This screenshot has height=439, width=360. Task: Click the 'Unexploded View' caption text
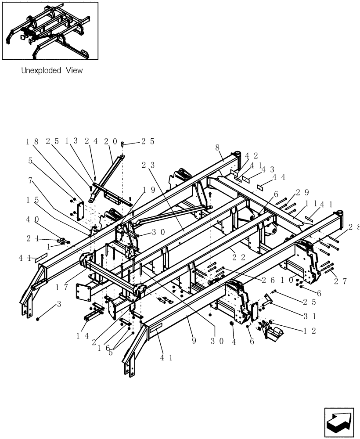52,70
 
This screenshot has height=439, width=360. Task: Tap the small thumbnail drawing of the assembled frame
50,31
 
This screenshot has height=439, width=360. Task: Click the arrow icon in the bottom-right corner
339,422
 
